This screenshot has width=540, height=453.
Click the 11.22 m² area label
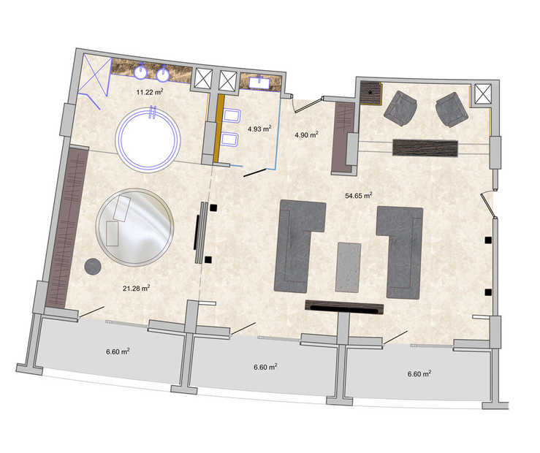tap(150, 92)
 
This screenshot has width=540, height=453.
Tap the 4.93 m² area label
tap(259, 129)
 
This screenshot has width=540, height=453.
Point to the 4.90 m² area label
tap(306, 134)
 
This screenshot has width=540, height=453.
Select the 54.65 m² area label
tap(359, 196)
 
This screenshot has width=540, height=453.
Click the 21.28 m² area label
tap(137, 288)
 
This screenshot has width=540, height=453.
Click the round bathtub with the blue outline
tap(148, 140)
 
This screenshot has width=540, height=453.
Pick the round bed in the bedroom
tap(134, 227)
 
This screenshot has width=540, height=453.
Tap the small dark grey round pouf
tap(93, 267)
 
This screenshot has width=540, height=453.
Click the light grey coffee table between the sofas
tap(348, 267)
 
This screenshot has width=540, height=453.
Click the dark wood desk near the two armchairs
tap(425, 148)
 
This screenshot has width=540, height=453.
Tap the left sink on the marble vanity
tap(141, 72)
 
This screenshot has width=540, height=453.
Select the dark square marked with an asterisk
tap(371, 93)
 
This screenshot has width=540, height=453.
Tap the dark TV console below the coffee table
tap(344, 307)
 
